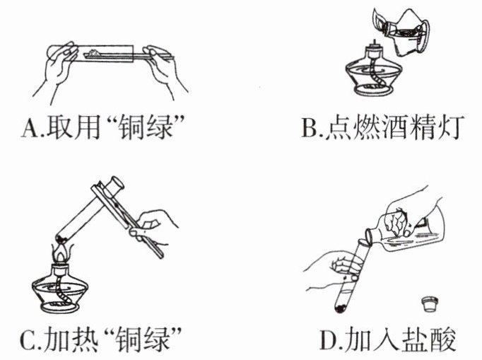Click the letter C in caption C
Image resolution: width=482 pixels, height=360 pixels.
tap(30, 339)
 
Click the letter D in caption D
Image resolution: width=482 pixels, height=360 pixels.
tap(329, 339)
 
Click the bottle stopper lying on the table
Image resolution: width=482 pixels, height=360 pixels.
tap(430, 304)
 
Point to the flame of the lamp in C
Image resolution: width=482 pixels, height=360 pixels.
tap(62, 253)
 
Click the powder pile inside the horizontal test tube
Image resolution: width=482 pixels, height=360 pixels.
tap(92, 53)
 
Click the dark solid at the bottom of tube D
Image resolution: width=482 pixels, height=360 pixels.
tap(341, 307)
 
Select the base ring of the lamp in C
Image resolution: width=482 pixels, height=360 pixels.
tap(59, 307)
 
